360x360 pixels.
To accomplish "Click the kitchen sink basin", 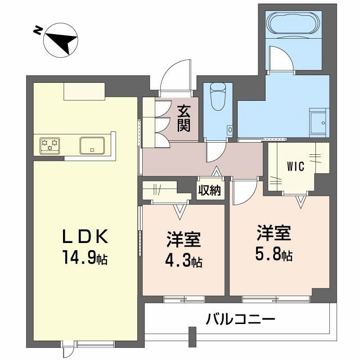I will click(93, 145).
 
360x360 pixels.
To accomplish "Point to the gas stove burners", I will click(50, 145).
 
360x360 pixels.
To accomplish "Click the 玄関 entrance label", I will click(183, 118).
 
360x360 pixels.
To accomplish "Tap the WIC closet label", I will click(295, 166).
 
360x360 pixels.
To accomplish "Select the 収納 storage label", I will click(210, 191).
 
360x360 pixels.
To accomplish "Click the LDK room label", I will click(85, 237).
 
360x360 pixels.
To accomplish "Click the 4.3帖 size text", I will click(184, 260).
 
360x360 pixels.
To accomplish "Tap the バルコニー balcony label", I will click(240, 320).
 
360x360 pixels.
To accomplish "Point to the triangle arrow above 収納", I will click(217, 171).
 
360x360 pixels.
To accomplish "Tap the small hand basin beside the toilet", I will click(230, 130).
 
